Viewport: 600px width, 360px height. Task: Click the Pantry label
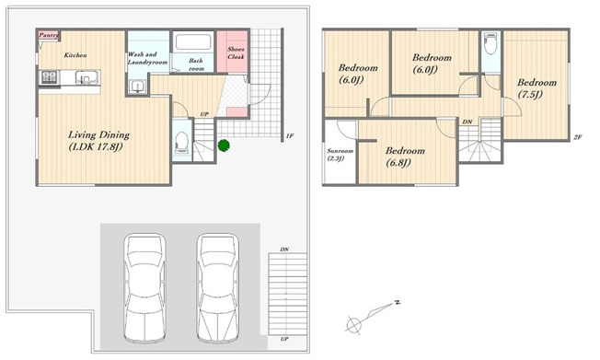pos(49,35)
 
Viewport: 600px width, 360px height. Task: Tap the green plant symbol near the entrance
pos(224,145)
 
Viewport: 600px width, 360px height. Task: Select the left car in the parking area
pos(144,288)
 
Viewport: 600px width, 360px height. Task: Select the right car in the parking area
pos(218,288)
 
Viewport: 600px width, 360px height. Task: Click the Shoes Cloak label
pos(236,52)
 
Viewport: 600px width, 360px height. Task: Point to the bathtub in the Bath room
pos(193,43)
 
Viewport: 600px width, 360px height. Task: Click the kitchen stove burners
pos(50,77)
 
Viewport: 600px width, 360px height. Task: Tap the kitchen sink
pos(85,77)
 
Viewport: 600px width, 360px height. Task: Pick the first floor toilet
pos(182,142)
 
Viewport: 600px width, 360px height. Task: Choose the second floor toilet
pos(490,44)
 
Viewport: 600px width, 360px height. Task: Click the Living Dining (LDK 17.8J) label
pos(98,141)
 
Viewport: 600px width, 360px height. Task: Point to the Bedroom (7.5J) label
pos(537,88)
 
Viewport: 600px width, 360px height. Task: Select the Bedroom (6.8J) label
pos(405,157)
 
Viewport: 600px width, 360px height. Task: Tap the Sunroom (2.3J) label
pos(340,155)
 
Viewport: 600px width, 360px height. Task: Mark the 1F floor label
pos(290,135)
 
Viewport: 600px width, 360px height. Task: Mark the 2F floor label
pos(577,137)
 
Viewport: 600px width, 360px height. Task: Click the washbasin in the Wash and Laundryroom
pos(137,87)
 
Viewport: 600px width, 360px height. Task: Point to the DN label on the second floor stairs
pos(467,122)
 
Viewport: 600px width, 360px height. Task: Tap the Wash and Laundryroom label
pos(147,58)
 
